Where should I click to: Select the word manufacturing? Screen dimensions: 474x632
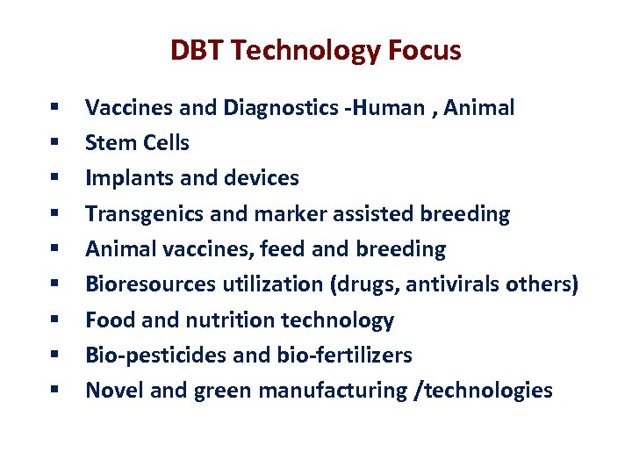tap(334, 391)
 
